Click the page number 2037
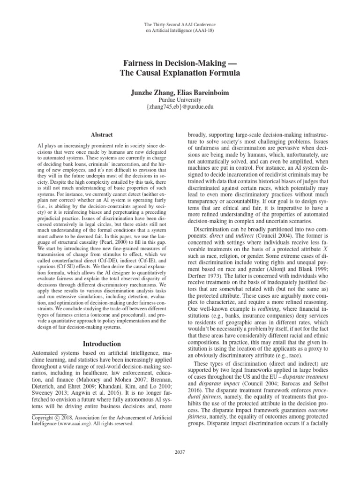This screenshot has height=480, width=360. (180, 452)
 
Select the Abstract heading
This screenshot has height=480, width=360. (97, 134)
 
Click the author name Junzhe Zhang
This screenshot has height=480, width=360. (150, 93)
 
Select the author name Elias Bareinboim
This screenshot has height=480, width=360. (203, 93)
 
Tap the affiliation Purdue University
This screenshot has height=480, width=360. (180, 100)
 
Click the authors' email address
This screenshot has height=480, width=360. (180, 108)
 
